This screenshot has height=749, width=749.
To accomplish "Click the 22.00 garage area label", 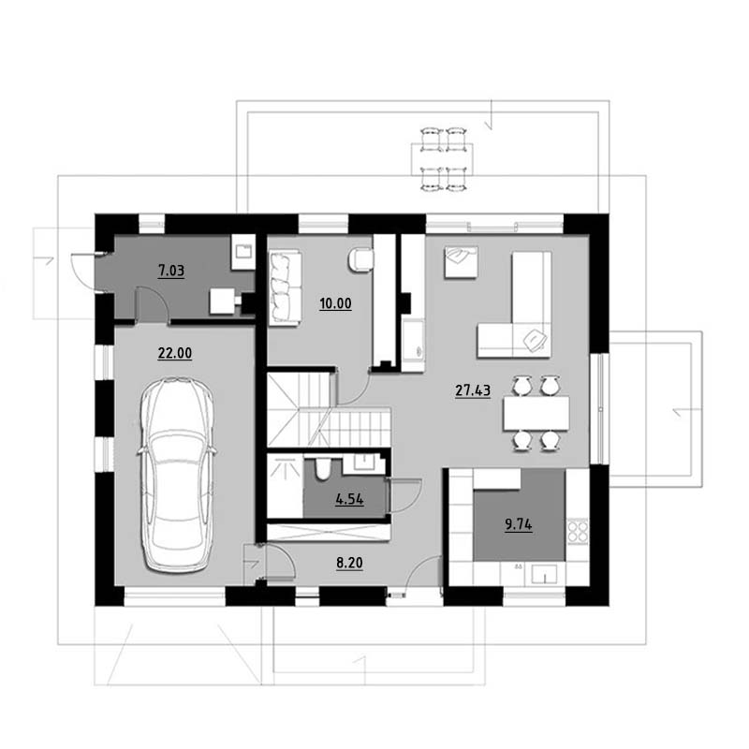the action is [x=175, y=353].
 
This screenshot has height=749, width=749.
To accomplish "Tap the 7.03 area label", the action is [x=171, y=271].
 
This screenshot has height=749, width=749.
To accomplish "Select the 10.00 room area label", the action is [x=335, y=303].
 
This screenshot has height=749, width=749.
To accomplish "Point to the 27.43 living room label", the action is [x=473, y=390].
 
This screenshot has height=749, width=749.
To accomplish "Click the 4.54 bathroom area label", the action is [x=349, y=500].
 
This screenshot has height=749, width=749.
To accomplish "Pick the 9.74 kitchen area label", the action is [x=519, y=524].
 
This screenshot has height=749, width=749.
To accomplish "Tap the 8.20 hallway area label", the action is [x=349, y=563].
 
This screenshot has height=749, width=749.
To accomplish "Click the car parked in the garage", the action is [x=177, y=475].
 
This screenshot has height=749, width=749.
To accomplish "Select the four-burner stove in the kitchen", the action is [x=578, y=531].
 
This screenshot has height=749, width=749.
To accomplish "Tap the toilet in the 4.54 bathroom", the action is [x=323, y=469].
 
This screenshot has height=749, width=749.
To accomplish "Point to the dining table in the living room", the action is [x=536, y=413].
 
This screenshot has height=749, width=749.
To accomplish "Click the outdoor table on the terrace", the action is [x=442, y=159].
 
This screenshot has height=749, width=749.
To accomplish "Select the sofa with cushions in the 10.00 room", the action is [x=285, y=288].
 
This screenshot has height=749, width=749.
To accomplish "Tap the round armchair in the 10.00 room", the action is [x=361, y=260].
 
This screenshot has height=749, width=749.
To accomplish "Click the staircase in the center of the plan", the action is [x=329, y=410].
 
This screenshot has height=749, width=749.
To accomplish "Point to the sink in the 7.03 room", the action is [x=243, y=252].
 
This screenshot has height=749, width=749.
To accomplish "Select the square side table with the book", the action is [x=461, y=262].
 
